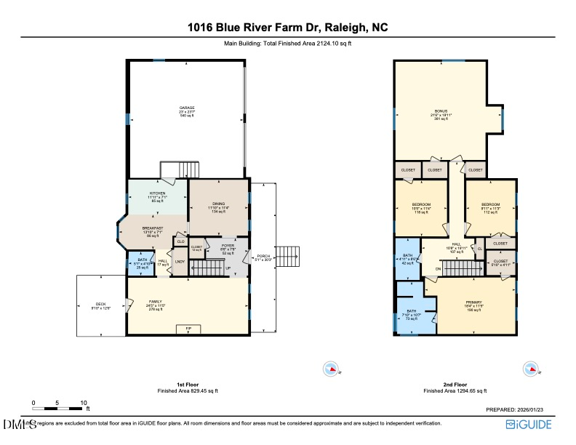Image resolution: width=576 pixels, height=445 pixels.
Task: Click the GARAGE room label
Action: (x=187, y=108)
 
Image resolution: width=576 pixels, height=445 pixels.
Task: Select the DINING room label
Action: (x=219, y=204)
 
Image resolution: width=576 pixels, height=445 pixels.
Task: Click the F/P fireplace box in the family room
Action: (x=188, y=329)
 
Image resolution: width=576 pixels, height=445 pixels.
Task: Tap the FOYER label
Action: (x=228, y=246)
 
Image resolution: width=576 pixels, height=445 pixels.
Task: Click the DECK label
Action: (x=100, y=305)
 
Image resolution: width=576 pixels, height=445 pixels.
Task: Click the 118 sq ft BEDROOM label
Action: (x=421, y=205)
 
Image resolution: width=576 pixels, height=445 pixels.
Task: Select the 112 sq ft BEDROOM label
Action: (x=492, y=205)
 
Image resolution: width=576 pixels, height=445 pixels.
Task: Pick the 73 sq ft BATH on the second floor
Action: (x=412, y=313)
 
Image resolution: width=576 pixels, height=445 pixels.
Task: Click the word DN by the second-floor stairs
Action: (x=438, y=269)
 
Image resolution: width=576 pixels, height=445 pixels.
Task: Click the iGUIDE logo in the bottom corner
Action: (x=535, y=425)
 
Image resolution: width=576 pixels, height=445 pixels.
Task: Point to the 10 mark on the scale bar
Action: (x=84, y=402)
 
